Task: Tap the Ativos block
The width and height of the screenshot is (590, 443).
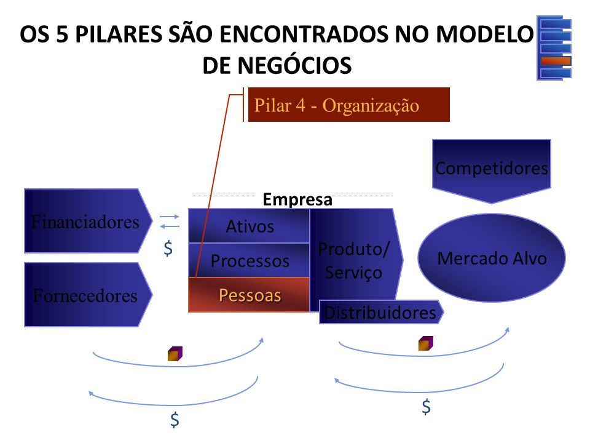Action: pyautogui.click(x=249, y=226)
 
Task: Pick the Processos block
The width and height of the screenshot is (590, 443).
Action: pyautogui.click(x=249, y=260)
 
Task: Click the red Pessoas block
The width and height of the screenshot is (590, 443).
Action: pyautogui.click(x=249, y=295)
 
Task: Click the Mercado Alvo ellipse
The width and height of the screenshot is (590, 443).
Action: pyautogui.click(x=492, y=258)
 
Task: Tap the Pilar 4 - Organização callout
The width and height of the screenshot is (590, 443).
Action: pyautogui.click(x=349, y=105)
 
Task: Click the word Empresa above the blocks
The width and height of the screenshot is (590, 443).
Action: pyautogui.click(x=297, y=199)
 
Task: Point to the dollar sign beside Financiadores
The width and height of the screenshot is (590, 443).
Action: pyautogui.click(x=168, y=249)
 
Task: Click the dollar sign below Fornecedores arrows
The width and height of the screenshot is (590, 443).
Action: pyautogui.click(x=175, y=420)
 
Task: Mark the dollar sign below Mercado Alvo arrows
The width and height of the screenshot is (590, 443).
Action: pyautogui.click(x=426, y=407)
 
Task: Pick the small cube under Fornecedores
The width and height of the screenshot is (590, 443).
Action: pyautogui.click(x=175, y=354)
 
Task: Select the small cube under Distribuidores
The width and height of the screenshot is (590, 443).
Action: pyautogui.click(x=426, y=343)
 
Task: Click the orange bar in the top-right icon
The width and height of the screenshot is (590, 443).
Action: pyautogui.click(x=556, y=61)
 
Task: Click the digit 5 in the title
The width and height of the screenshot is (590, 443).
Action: pyautogui.click(x=63, y=34)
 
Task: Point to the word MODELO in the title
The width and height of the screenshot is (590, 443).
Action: pyautogui.click(x=485, y=34)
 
